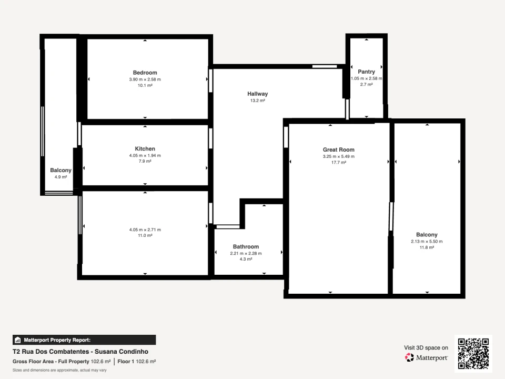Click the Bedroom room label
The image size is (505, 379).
[145, 73]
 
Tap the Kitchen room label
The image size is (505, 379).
[145, 149]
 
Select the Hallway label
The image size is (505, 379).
[257, 94]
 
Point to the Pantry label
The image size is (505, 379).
[366, 72]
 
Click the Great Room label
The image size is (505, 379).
[338, 149]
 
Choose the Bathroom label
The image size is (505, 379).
[246, 246]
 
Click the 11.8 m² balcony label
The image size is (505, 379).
[427, 235]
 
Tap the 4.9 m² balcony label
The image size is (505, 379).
[60, 171]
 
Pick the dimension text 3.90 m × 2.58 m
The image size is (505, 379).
[145, 79]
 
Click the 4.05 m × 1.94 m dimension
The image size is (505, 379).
[145, 155]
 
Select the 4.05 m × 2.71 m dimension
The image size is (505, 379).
[145, 230]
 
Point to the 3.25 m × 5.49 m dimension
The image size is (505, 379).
[338, 156]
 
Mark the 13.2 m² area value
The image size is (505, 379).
[257, 100]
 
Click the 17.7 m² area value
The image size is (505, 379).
[338, 163]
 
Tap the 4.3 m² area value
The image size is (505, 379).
[246, 259]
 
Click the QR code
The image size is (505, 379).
[473, 354]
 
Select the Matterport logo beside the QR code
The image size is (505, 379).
[426, 357]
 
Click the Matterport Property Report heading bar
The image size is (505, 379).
[84, 340]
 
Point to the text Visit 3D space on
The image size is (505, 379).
[426, 347]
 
